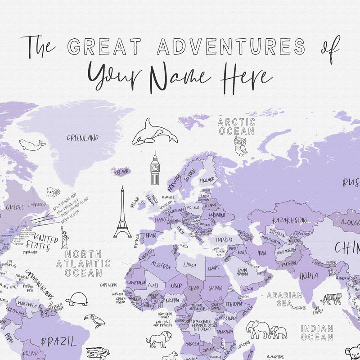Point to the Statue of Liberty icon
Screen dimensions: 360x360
coord(64,238)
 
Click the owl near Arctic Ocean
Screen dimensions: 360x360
coord(240,146)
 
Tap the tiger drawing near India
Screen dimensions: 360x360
coord(331,298)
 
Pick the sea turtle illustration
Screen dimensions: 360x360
coord(77,299)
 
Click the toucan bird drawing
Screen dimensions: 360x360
coord(94,320)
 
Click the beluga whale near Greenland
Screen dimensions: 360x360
coord(32,144)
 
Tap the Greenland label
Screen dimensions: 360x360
coord(82,138)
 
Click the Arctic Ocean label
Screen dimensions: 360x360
coord(236,126)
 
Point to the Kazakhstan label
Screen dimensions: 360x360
coord(289,220)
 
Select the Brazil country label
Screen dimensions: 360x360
coord(58,342)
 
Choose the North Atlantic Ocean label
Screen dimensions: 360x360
coord(83,263)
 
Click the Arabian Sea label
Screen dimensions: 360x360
coord(284,299)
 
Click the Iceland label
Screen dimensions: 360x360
coord(121,171)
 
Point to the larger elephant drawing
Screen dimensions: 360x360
coord(258,329)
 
